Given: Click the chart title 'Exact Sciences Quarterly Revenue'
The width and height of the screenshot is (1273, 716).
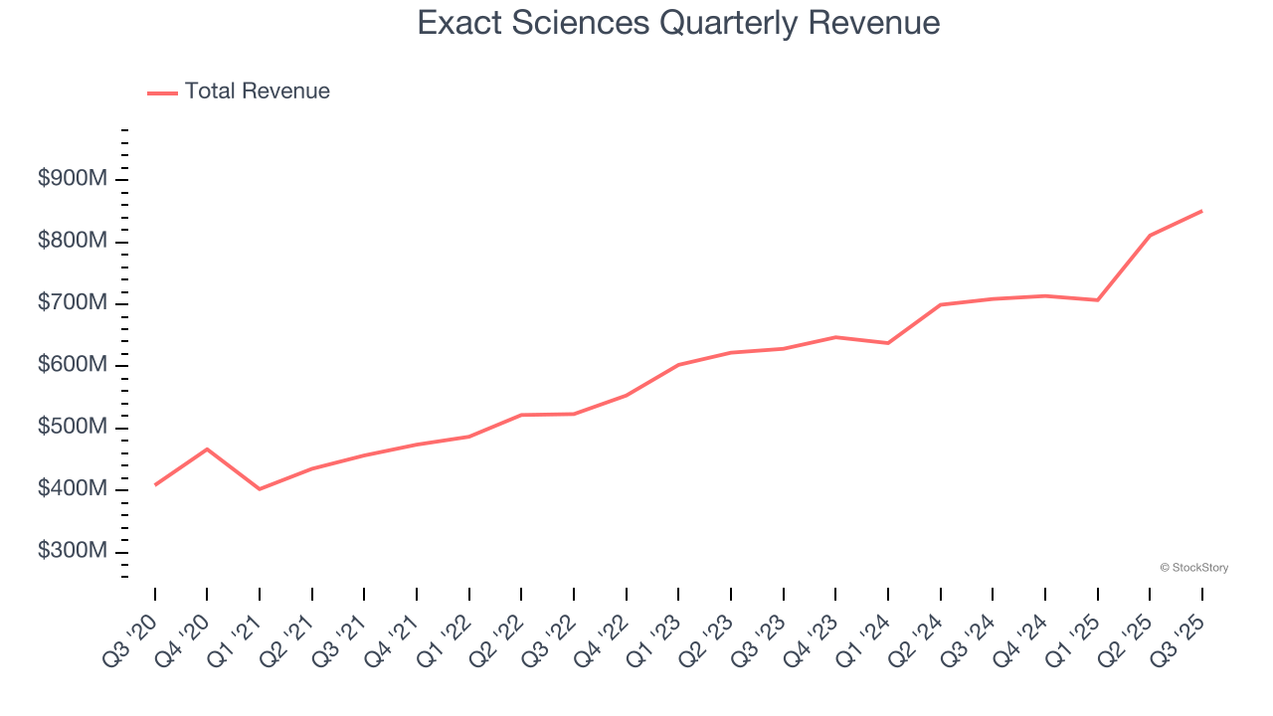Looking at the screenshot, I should pyautogui.click(x=678, y=23).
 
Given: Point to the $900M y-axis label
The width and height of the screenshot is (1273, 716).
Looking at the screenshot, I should pyautogui.click(x=73, y=179).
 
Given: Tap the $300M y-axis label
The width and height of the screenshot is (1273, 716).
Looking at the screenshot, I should pyautogui.click(x=73, y=552).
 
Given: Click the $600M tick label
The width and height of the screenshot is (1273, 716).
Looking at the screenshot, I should pyautogui.click(x=73, y=366).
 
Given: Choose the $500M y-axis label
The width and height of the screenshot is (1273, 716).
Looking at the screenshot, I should pyautogui.click(x=73, y=428).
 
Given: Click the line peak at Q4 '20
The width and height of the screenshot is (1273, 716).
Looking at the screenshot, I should pyautogui.click(x=207, y=449).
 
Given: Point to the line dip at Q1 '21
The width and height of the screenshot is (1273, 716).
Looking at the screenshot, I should pyautogui.click(x=260, y=489).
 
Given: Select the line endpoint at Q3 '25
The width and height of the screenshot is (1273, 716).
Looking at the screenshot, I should pyautogui.click(x=1201, y=211).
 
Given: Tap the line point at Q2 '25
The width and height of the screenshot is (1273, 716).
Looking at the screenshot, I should pyautogui.click(x=1150, y=236).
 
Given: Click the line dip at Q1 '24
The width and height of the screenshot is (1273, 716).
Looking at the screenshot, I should pyautogui.click(x=887, y=343).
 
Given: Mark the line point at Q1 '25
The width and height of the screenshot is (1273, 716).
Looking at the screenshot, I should pyautogui.click(x=1097, y=300).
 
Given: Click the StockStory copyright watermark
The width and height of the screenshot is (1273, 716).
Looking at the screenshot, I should pyautogui.click(x=1193, y=568).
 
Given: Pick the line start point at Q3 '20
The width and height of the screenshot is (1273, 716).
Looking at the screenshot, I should pyautogui.click(x=155, y=484).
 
